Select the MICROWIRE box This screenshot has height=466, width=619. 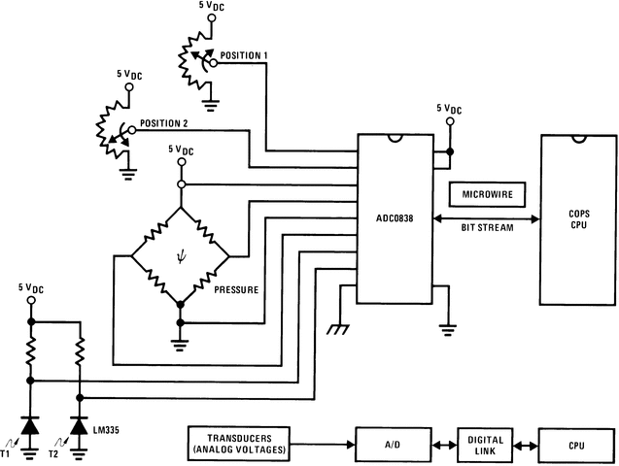pyautogui.click(x=488, y=195)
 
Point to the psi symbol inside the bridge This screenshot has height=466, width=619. pyautogui.click(x=180, y=257)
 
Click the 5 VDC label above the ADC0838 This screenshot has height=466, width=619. pyautogui.click(x=450, y=109)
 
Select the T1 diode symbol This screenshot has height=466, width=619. pyautogui.click(x=30, y=426)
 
